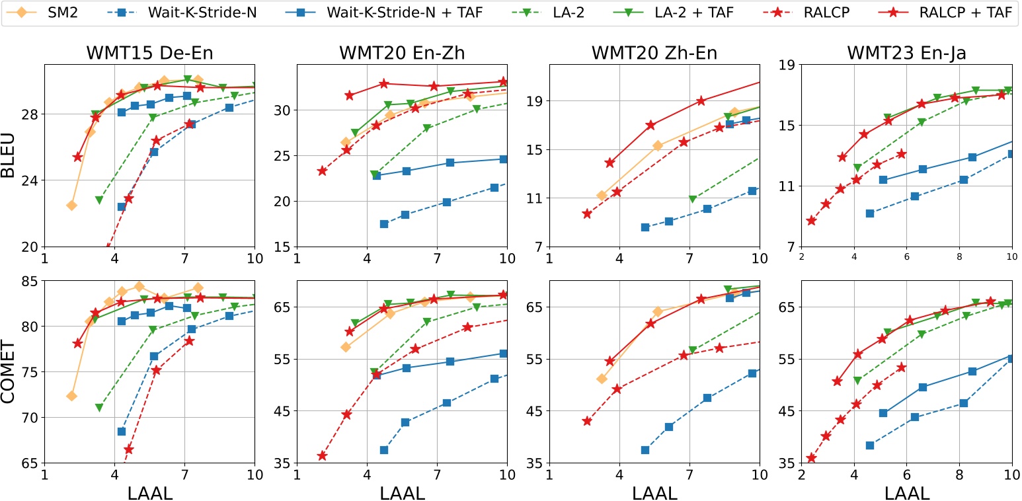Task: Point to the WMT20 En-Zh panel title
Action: [x=402, y=53]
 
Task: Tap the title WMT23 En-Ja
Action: [x=906, y=53]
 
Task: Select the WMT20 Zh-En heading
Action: [x=654, y=53]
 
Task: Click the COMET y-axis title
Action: [x=13, y=372]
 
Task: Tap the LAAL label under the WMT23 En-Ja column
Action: [x=906, y=492]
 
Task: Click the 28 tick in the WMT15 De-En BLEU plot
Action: [x=30, y=114]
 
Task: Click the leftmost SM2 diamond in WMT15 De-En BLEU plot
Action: [x=71, y=206]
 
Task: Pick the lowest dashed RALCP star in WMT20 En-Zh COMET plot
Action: [x=322, y=455]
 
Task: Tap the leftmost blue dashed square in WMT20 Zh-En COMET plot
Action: [x=645, y=450]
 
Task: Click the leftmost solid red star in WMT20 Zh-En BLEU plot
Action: [x=609, y=163]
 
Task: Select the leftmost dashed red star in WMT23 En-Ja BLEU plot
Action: [x=812, y=221]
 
